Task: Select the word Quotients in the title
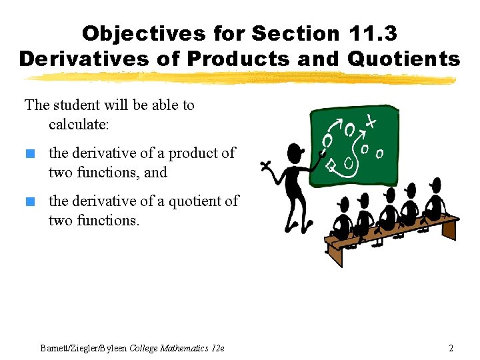[x=404, y=59]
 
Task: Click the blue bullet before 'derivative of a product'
[x=29, y=154]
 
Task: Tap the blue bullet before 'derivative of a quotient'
[x=29, y=201]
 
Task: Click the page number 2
[x=451, y=348]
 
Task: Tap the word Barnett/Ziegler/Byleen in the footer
[x=83, y=348]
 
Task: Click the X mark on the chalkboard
[x=370, y=121]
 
